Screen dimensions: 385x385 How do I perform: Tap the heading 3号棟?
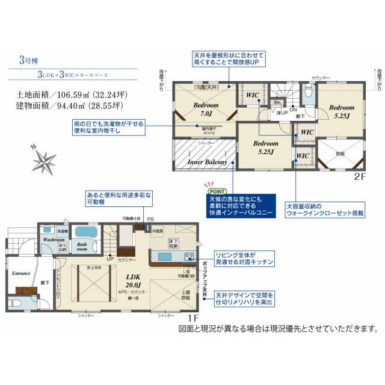point(28,60)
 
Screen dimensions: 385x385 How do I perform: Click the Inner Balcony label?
point(206,162)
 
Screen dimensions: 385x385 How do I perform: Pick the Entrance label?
point(21,273)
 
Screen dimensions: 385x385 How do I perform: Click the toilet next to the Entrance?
point(16,303)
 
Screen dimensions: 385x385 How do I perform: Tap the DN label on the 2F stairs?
point(293,109)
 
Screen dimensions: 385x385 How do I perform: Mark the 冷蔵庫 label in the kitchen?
point(158,230)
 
